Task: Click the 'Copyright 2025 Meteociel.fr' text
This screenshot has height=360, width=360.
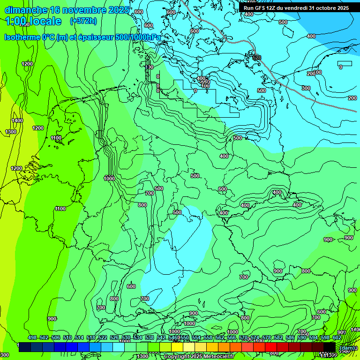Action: pyautogui.click(x=199, y=357)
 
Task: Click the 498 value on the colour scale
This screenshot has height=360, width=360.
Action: pyautogui.click(x=32, y=337)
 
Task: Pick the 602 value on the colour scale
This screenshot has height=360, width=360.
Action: pyautogui.click(x=337, y=337)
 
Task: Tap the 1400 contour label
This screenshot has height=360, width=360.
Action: pyautogui.click(x=17, y=121)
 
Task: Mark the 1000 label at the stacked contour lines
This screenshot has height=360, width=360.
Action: pyautogui.click(x=109, y=179)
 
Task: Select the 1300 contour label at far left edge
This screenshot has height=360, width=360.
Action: pyautogui.click(x=11, y=132)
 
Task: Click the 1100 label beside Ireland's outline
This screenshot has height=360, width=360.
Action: pyautogui.click(x=56, y=138)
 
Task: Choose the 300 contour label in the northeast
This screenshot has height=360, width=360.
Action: pyautogui.click(x=306, y=88)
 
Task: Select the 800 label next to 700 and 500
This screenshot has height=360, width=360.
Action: pyautogui.click(x=142, y=205)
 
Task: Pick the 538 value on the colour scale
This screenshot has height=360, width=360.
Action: pyautogui.click(x=150, y=337)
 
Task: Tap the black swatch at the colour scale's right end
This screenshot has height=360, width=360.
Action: pyautogui.click(x=330, y=347)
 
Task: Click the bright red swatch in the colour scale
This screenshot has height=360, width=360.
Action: pyautogui.click(x=271, y=347)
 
